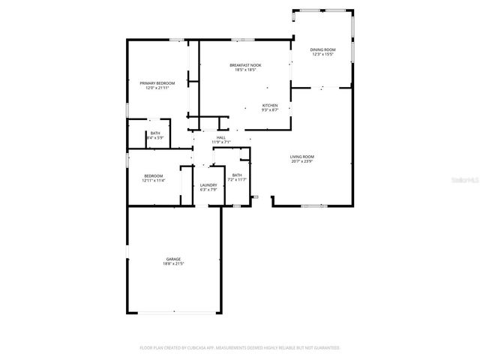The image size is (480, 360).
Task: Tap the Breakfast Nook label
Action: click(x=244, y=65)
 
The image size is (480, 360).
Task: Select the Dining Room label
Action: click(x=322, y=49)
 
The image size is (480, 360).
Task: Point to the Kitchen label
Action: click(x=270, y=105)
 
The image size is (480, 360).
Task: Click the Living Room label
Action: click(x=302, y=156)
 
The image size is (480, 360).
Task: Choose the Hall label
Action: click(x=221, y=137)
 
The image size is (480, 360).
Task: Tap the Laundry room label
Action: click(x=208, y=184)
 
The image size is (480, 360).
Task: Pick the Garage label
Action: click(x=173, y=259)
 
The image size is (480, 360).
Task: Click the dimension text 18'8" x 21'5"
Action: click(x=173, y=264)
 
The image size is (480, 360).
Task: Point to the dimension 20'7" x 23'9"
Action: click(x=302, y=161)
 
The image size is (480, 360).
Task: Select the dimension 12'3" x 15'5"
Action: click(x=322, y=55)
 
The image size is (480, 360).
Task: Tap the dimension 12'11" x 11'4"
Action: click(x=154, y=181)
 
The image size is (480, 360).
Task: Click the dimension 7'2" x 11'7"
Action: click(x=237, y=180)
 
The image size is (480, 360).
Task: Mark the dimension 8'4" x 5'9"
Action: click(x=155, y=138)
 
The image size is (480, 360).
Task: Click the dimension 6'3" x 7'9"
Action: click(x=208, y=190)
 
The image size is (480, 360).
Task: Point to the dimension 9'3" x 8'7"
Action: click(x=270, y=110)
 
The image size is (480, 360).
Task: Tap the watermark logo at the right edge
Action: click(x=467, y=180)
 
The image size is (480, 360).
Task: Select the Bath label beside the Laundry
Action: click(x=237, y=175)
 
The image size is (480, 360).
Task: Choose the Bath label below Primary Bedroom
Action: click(x=155, y=133)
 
